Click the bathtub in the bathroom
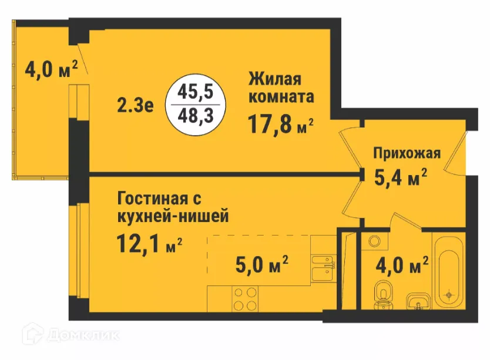tap(449, 271)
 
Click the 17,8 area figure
tap(270, 125)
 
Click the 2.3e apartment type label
tap(135, 106)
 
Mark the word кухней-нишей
tap(173, 216)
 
